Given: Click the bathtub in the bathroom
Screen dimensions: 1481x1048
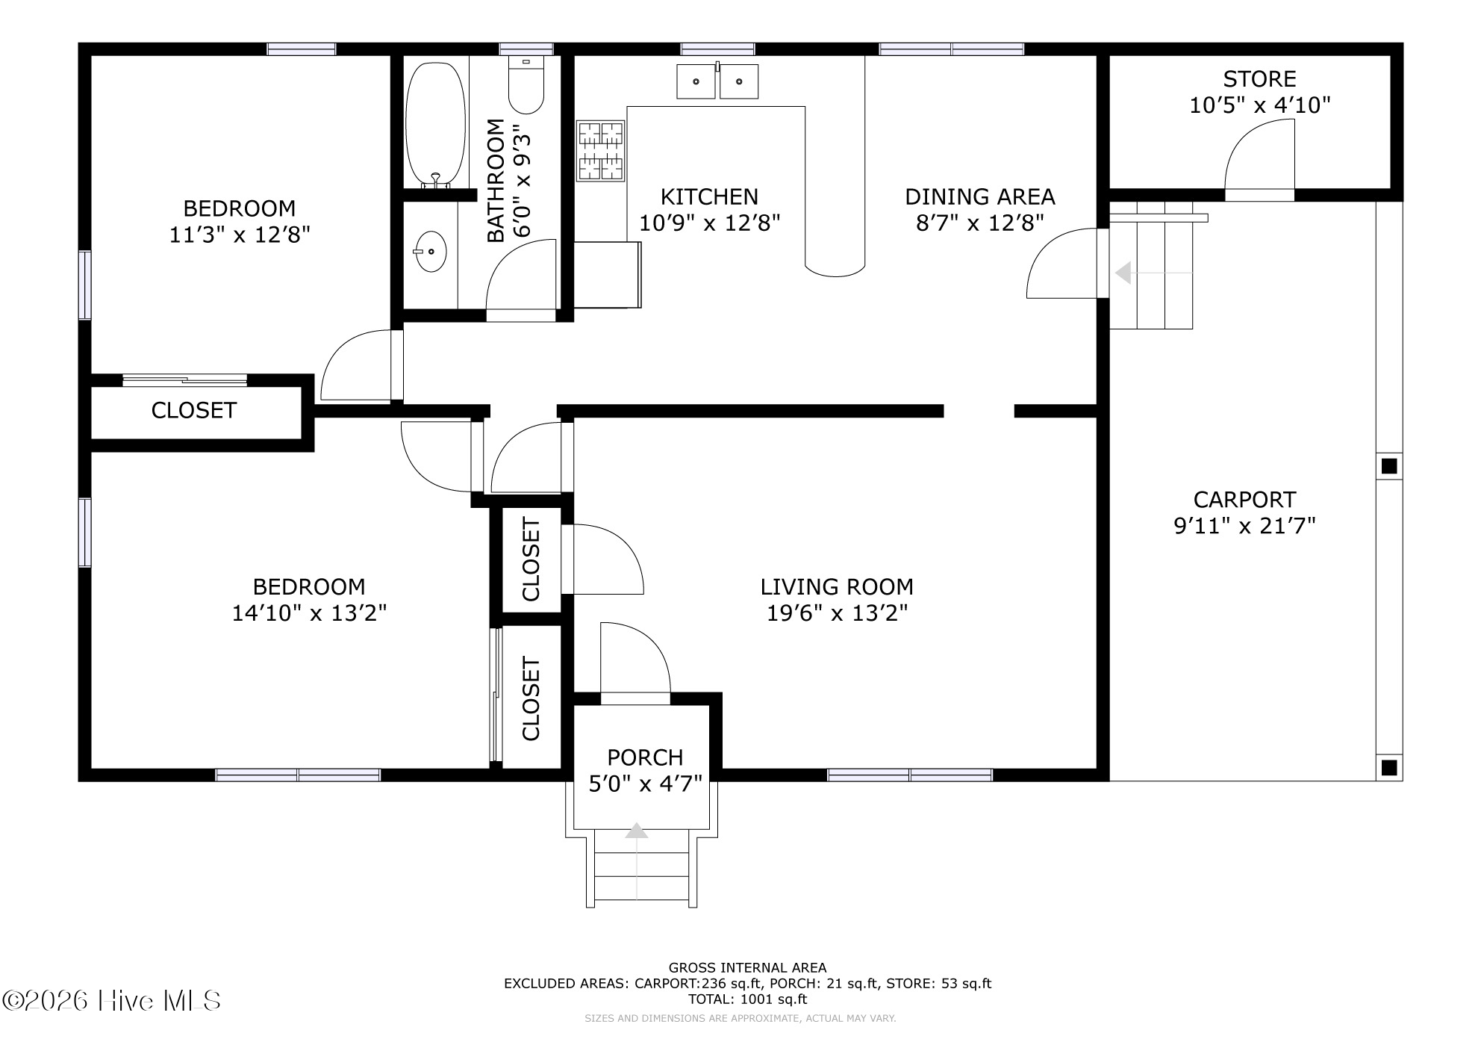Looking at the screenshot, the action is (x=435, y=124).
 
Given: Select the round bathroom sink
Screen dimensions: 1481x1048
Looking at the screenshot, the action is (x=429, y=252).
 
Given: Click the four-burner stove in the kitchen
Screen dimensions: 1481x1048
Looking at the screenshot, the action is (x=601, y=151).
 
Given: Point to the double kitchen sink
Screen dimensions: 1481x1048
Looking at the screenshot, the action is (x=717, y=81).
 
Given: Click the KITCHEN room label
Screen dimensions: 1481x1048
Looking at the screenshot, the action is (x=709, y=196).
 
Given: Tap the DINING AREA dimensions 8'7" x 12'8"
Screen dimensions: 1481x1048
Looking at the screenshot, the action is (x=979, y=223).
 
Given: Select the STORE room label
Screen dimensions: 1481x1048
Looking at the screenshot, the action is (x=1259, y=78).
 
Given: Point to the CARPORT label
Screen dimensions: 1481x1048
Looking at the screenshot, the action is (x=1244, y=499).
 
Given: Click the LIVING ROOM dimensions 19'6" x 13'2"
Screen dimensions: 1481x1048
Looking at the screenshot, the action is (x=837, y=613).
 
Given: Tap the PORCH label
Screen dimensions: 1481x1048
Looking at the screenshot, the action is (x=645, y=757).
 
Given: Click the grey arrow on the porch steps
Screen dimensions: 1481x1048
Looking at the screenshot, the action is (x=636, y=830).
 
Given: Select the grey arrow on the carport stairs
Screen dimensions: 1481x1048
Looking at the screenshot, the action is (x=1123, y=273).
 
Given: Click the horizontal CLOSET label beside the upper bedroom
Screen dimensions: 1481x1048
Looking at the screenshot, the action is (x=193, y=410).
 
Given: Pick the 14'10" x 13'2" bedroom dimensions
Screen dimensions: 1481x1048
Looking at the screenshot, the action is (x=309, y=613).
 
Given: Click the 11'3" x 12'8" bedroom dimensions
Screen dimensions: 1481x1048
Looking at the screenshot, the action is (x=240, y=235).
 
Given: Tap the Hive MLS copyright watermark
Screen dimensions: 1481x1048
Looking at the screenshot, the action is (x=112, y=1001).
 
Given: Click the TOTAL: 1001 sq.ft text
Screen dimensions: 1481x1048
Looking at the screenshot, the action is (x=747, y=999).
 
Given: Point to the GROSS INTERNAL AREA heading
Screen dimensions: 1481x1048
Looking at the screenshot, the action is (x=747, y=968).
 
